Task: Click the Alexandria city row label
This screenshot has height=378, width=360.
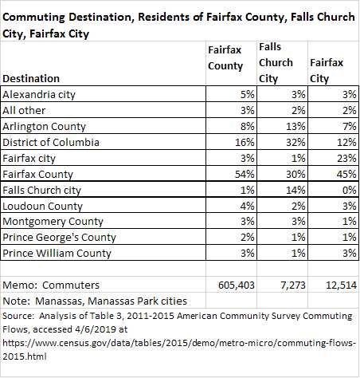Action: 39,94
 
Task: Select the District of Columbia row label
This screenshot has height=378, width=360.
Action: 51,142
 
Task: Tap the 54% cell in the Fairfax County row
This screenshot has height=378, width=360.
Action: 245,174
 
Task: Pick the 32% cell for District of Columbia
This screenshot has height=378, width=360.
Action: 295,142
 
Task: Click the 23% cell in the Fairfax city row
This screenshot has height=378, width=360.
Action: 346,158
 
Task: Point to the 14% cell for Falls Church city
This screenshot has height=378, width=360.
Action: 295,190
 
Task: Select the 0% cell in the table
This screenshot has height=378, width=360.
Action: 350,190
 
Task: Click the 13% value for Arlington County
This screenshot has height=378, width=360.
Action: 295,126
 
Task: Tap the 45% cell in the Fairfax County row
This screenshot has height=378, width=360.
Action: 346,174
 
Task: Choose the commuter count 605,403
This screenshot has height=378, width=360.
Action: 237,285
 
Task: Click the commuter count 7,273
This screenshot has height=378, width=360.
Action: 293,285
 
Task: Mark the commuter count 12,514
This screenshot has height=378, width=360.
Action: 341,285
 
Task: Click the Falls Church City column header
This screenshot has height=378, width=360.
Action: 276,63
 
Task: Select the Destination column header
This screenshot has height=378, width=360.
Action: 31,79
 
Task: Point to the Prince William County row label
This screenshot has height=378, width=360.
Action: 57,253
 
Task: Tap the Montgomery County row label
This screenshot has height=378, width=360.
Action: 53,222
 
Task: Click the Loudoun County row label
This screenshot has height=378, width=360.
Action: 42,206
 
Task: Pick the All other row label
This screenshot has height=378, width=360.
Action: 24,110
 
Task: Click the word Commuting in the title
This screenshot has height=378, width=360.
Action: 33,18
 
